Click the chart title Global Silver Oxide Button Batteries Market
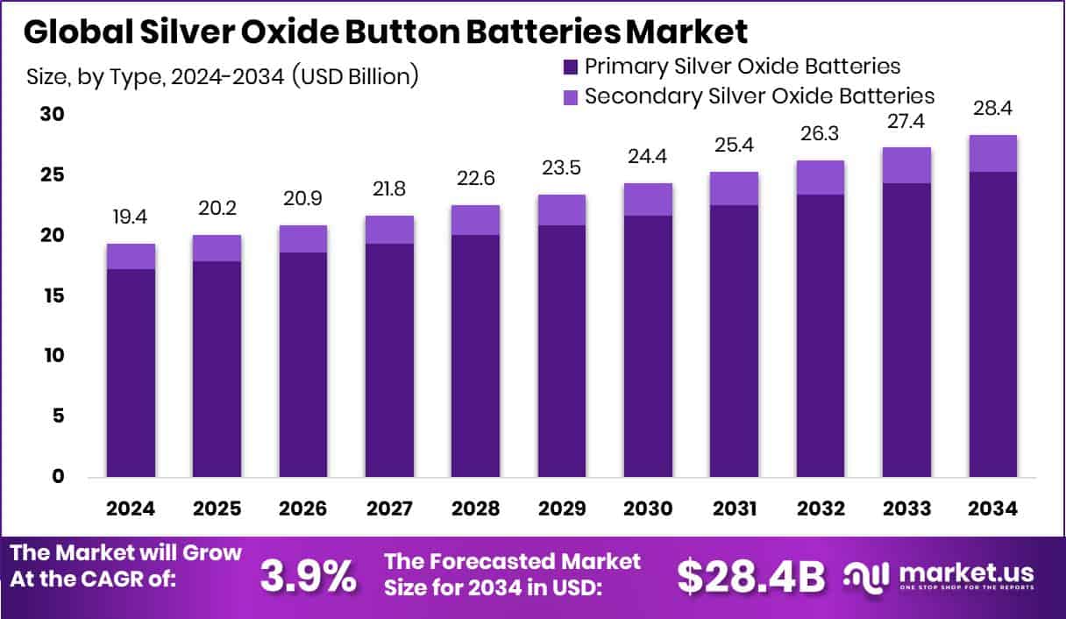point(386,32)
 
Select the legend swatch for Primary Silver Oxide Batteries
point(571,66)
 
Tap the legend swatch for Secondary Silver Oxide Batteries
point(571,96)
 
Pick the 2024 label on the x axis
point(131,509)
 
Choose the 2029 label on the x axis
point(562,509)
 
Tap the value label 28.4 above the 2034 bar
point(993,109)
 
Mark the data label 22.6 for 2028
point(475,179)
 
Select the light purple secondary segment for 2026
point(303,239)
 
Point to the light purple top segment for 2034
point(993,153)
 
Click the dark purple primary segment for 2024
point(131,373)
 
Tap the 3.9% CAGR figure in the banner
point(309,576)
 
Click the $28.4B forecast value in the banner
point(751,576)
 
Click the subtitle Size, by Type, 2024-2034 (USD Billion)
point(223,76)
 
